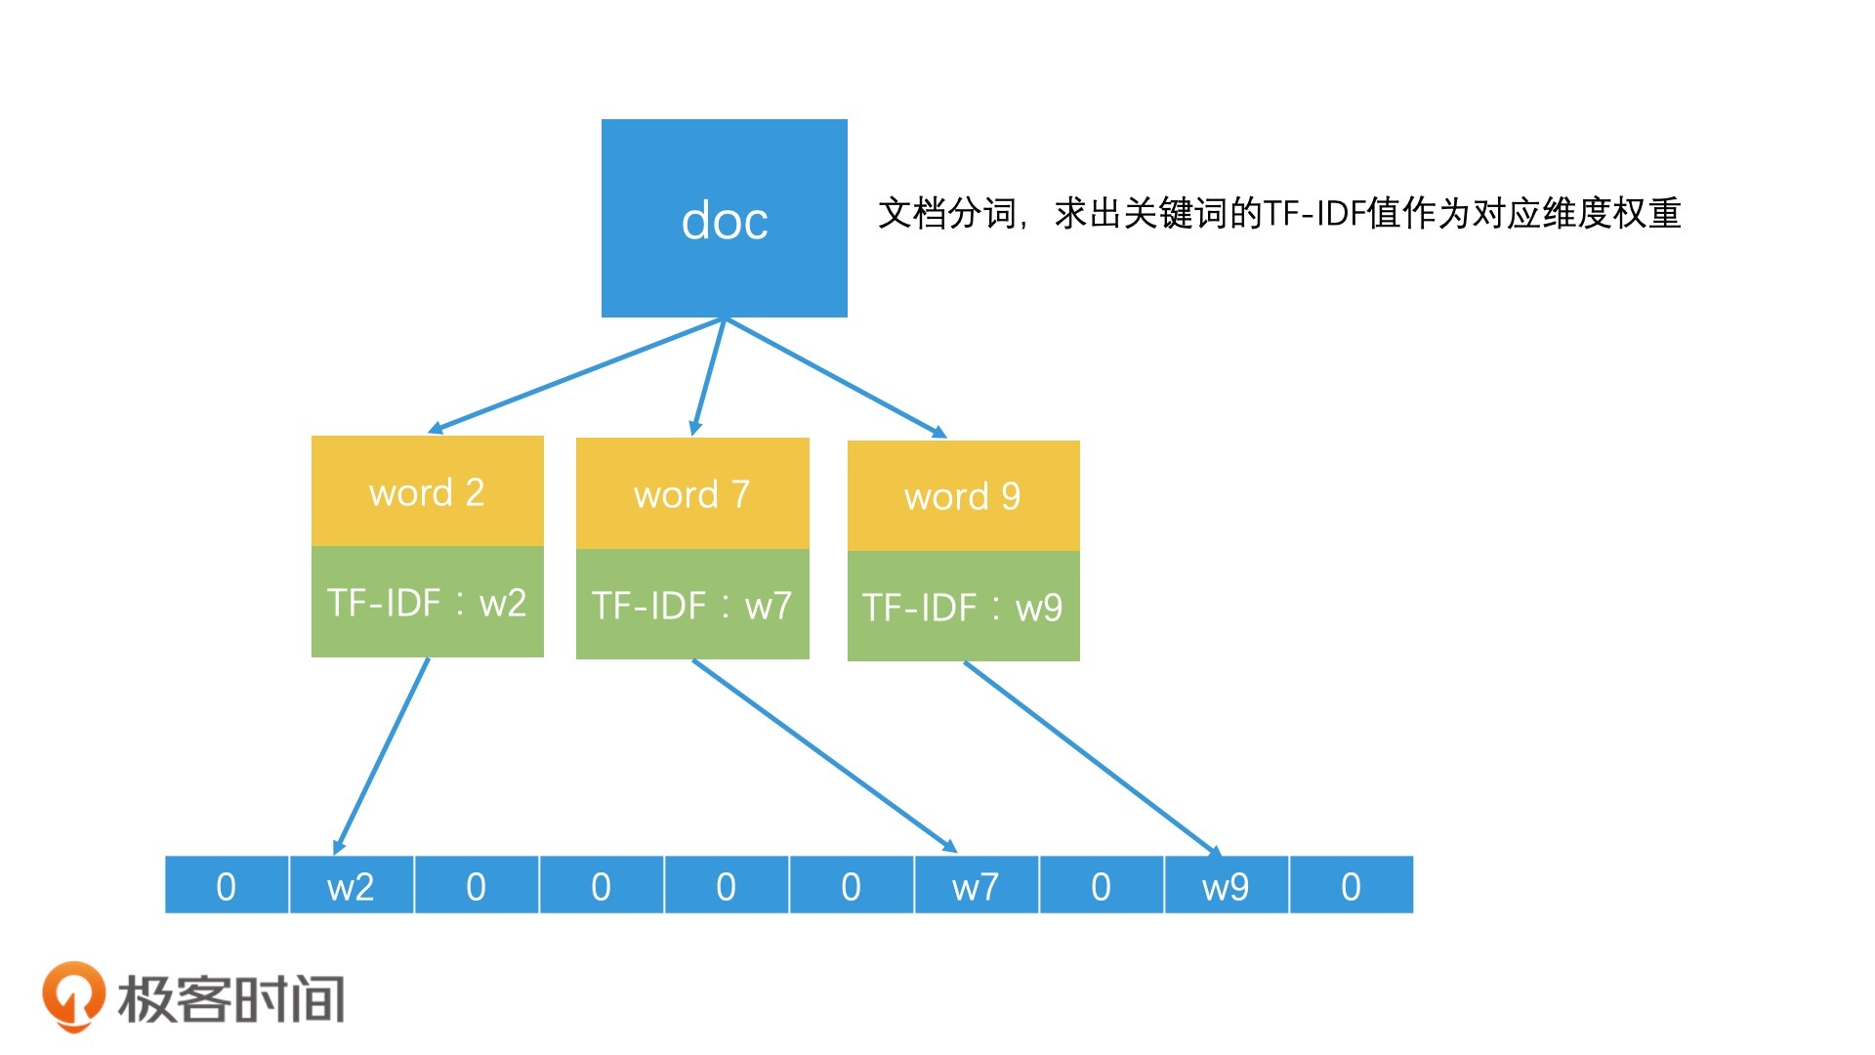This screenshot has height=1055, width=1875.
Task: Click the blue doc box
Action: [725, 218]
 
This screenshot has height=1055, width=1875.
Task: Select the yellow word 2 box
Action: [428, 490]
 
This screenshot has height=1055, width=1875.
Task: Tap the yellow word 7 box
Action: [692, 493]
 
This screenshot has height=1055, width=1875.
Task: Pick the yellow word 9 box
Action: [964, 496]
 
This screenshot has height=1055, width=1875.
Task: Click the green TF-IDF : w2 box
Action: [428, 602]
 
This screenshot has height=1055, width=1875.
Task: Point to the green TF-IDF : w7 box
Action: [692, 604]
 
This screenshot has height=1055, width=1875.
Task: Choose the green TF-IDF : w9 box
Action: [964, 607]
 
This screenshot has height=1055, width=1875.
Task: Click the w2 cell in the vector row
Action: [352, 885]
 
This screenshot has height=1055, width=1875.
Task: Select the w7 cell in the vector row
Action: [977, 885]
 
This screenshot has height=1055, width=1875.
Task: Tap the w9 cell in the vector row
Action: [1227, 885]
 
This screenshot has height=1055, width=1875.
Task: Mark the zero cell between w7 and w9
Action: [1102, 885]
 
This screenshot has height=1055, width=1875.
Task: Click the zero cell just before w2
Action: [227, 885]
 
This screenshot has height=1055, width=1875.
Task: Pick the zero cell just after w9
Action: [1352, 885]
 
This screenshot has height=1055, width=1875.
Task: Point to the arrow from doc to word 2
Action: [576, 375]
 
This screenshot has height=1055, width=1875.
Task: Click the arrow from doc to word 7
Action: [708, 376]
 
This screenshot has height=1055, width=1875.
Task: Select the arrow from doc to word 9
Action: [836, 377]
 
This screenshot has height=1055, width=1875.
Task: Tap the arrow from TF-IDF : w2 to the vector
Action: [381, 756]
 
